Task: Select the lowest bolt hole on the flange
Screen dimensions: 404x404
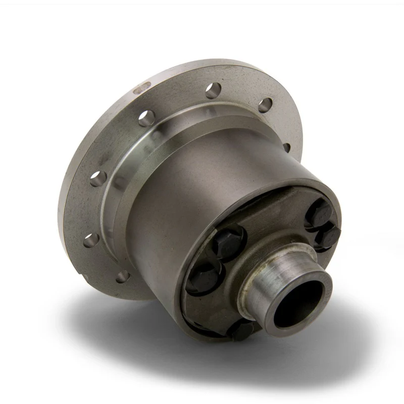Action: (121, 277)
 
